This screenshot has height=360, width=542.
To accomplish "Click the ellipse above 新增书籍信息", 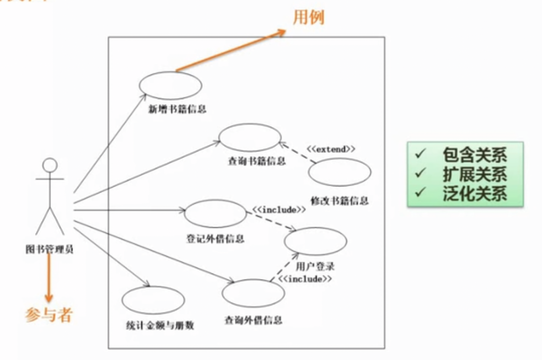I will click(x=170, y=86).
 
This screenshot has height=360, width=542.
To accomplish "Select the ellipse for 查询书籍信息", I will click(x=250, y=138).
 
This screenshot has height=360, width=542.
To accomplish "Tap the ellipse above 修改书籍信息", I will click(x=340, y=172).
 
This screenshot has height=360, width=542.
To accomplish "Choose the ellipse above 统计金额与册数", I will click(x=153, y=300).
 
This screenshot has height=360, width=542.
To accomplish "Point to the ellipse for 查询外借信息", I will click(x=253, y=293).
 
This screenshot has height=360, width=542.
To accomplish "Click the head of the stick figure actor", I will click(x=50, y=166).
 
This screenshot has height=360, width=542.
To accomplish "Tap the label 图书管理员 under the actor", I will click(x=49, y=249).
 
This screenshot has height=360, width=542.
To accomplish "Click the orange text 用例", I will click(x=309, y=18).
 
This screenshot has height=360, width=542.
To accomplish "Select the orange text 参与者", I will click(x=49, y=315).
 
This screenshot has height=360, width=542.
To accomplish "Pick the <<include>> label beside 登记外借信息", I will click(x=278, y=209).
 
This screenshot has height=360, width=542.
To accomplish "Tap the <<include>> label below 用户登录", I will click(x=305, y=279).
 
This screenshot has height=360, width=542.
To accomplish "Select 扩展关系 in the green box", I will click(x=474, y=174).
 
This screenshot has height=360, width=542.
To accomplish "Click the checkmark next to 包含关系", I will click(x=420, y=154).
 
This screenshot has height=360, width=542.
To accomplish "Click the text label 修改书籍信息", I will click(x=340, y=201).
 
